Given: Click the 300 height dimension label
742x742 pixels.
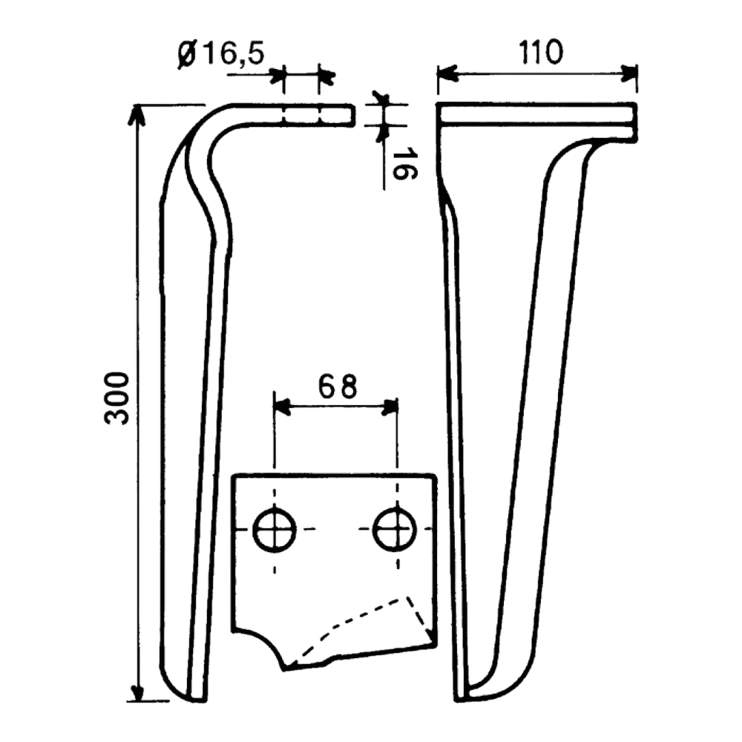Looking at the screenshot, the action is (116, 398).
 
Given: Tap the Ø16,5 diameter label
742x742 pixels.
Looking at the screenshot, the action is (221, 53).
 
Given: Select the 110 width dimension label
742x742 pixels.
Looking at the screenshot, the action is (542, 52).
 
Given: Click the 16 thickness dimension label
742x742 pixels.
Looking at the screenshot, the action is (404, 164).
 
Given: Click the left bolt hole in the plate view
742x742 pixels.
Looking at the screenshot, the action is (275, 530).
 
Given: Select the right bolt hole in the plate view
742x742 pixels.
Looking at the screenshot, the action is (395, 530).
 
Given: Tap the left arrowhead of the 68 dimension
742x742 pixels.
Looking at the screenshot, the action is (282, 407).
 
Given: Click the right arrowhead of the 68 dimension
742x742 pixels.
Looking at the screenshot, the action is (390, 407).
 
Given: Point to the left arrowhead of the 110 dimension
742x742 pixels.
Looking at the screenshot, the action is (447, 73).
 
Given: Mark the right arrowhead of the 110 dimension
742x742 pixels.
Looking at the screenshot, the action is (628, 73).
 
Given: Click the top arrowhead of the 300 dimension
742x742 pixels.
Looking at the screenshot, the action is (136, 114).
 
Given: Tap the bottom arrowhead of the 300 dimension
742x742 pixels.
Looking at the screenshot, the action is (137, 690).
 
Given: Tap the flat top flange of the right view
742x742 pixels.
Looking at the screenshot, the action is (536, 114).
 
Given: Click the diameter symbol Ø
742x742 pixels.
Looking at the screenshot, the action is (188, 55).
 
